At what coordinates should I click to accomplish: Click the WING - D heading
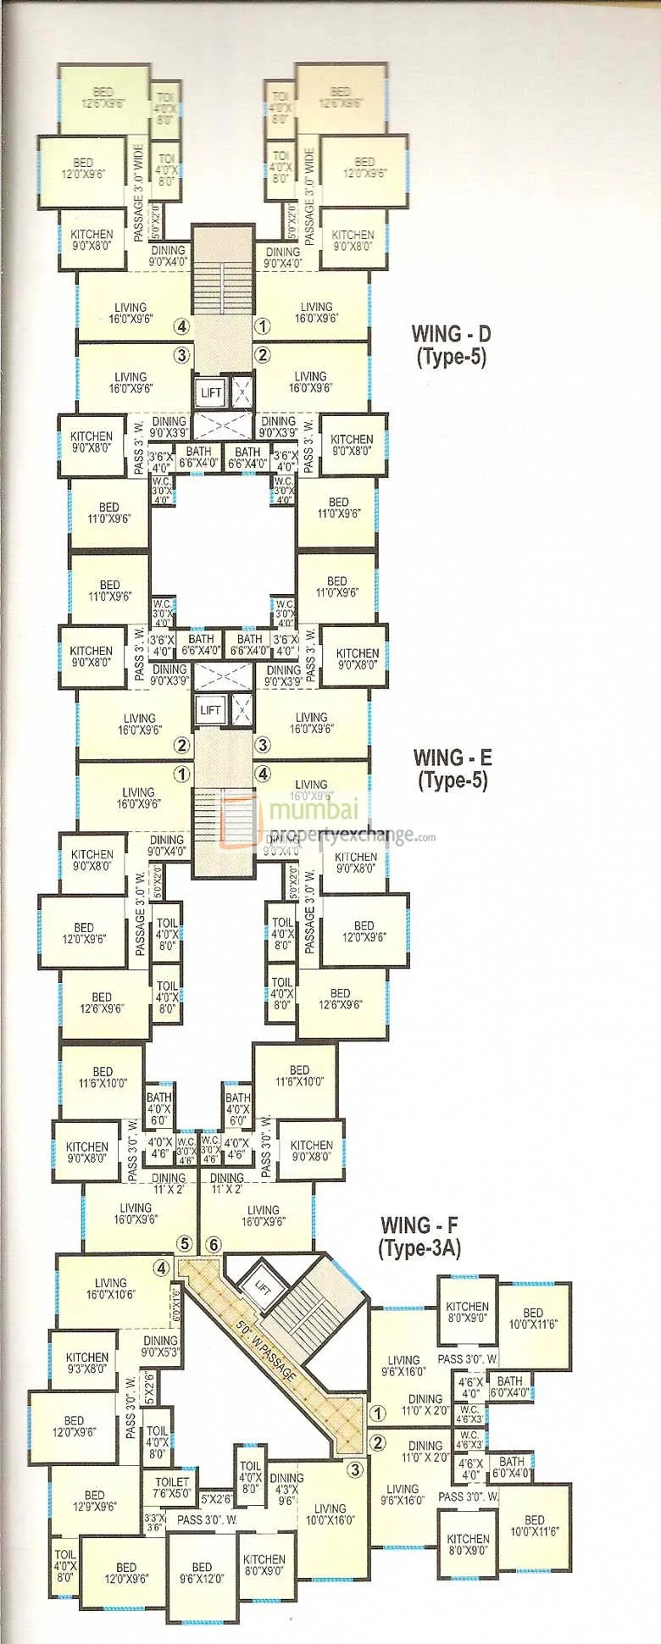pos(450,333)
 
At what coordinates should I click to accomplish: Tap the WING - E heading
pos(452,757)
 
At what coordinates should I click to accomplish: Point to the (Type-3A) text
pos(419,1247)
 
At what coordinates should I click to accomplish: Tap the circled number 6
pos(214,1244)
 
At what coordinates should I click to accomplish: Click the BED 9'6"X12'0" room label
pos(202,1573)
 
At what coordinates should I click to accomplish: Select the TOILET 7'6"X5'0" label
pos(172,1488)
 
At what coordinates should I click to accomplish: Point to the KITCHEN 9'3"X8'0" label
pos(87,1363)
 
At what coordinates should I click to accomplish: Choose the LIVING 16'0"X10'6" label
pos(110,1289)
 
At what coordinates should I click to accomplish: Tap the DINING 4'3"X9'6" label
pos(286,1489)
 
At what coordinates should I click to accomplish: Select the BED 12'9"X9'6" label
pos(94,1501)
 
